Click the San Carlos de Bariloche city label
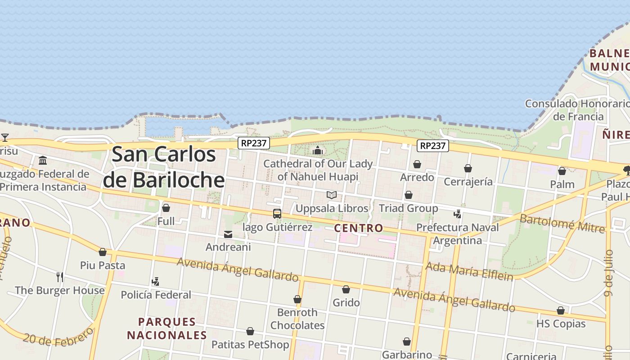click(164, 167)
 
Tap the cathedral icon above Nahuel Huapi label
click(318, 150)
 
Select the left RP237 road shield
click(254, 143)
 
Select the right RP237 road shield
click(433, 146)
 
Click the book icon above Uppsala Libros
click(332, 195)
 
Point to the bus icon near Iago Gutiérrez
click(277, 214)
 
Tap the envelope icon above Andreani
click(228, 234)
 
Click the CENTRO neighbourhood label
click(359, 228)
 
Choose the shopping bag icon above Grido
click(346, 289)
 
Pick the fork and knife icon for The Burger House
click(60, 277)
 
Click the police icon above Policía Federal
click(156, 282)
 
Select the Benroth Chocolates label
click(297, 319)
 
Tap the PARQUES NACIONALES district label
click(167, 328)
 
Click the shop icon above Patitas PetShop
click(250, 332)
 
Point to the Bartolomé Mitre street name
click(562, 224)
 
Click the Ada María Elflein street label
click(469, 271)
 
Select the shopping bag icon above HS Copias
click(561, 310)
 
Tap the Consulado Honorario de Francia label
click(578, 110)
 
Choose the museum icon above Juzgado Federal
click(43, 161)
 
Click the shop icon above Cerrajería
click(468, 168)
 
